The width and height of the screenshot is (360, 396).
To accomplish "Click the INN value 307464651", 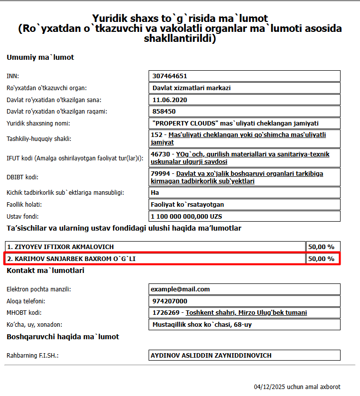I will (x=170, y=76).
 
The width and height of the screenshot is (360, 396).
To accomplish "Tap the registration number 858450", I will (x=164, y=112).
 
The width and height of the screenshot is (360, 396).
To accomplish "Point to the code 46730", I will (x=160, y=154).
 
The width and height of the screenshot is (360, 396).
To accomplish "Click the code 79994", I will (x=160, y=174).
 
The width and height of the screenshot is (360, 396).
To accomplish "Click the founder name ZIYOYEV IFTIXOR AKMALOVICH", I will (x=64, y=247).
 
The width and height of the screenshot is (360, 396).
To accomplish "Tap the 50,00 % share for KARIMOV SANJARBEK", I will (x=321, y=259).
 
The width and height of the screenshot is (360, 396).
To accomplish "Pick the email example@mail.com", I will (x=181, y=289).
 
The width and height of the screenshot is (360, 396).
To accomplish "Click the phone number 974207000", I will (x=170, y=301).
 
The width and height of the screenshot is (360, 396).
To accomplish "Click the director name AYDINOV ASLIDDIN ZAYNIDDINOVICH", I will (x=211, y=356).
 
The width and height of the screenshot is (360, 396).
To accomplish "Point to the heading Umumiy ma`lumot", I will (x=40, y=57).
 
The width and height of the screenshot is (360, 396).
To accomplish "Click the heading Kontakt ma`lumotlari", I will (x=45, y=270).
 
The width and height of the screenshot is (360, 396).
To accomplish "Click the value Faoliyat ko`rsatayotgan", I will (x=187, y=204).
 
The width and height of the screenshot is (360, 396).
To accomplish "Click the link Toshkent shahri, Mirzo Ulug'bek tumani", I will (x=246, y=313).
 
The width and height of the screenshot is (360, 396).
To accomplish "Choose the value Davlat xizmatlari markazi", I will (x=191, y=88).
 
